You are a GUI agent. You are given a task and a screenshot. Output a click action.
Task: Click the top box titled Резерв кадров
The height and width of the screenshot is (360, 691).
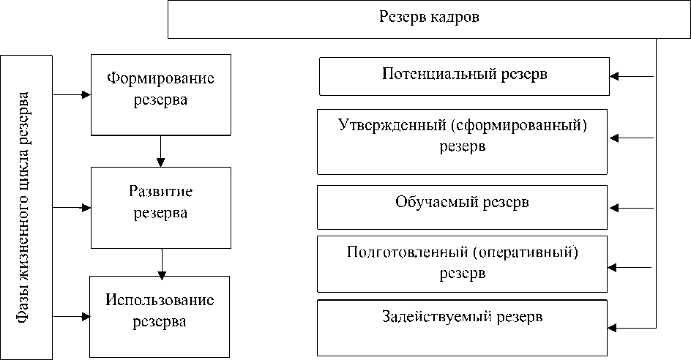point(429,20)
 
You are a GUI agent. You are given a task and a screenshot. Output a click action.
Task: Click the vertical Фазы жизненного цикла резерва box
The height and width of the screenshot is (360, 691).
point(27,207)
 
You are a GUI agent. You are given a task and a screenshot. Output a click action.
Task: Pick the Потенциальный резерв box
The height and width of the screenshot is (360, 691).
point(464,77)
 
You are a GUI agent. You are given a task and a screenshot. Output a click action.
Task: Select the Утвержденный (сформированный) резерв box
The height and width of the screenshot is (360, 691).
point(463,141)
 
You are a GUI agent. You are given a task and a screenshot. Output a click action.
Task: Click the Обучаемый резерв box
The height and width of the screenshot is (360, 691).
point(463,207)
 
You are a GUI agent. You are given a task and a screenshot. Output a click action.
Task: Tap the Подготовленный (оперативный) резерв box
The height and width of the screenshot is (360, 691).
point(463,263)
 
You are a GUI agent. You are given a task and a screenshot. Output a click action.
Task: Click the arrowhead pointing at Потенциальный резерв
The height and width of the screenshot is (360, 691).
point(616,75)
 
